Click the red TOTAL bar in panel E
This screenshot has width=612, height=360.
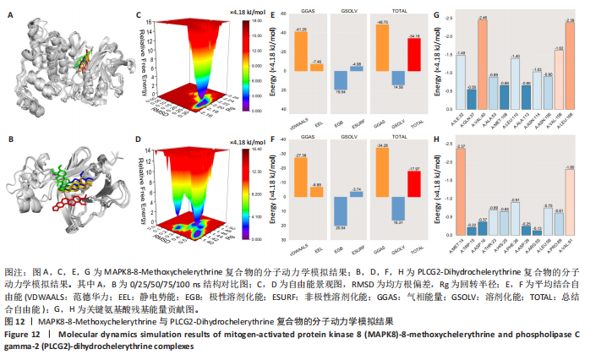coord(413,55)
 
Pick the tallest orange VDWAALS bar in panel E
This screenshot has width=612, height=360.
coord(294,52)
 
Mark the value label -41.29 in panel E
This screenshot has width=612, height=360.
coord(294,30)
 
